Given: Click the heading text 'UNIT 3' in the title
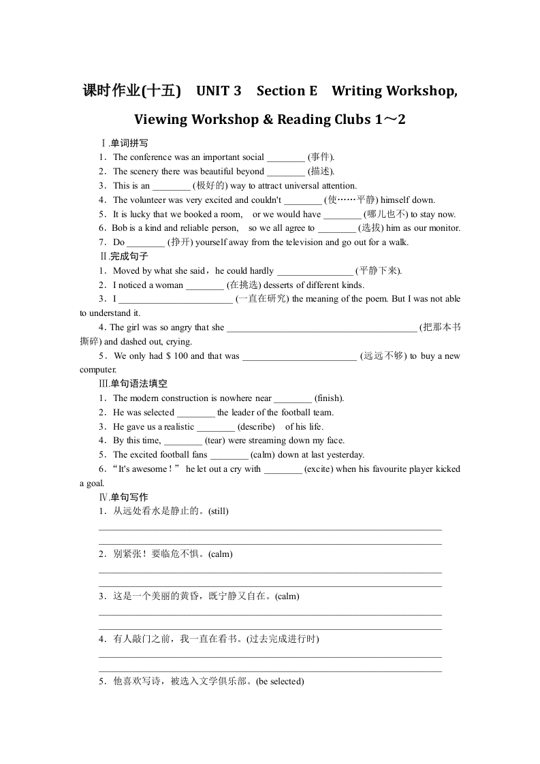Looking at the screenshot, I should [x=218, y=91].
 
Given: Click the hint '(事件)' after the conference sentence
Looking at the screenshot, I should [x=321, y=157].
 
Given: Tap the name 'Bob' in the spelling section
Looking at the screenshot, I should [x=119, y=228].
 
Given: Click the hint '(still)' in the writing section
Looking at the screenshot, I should [x=218, y=511].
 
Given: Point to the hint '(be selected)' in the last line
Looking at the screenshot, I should [x=280, y=682].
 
